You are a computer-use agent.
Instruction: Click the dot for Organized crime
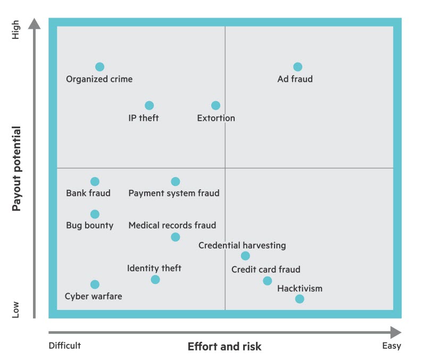[x=99, y=67]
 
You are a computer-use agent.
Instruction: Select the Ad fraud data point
[x=297, y=67]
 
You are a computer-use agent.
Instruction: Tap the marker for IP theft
[x=149, y=106]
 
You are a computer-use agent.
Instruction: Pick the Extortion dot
[x=215, y=106]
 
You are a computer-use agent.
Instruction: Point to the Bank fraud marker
[x=95, y=181]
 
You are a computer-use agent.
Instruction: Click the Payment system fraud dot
[x=175, y=181]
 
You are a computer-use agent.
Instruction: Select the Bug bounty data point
[x=95, y=214]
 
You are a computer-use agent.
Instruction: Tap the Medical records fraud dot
[x=175, y=237]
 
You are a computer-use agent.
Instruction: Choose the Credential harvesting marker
[x=245, y=256]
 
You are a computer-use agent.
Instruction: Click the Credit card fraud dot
[x=267, y=281]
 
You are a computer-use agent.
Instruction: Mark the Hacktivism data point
[x=300, y=299]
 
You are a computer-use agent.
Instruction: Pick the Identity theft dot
[x=155, y=280]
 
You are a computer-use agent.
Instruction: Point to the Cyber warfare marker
[x=95, y=284]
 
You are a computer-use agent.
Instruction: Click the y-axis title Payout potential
[x=16, y=169]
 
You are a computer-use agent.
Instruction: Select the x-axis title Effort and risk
[x=225, y=347]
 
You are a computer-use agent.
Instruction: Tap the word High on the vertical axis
[x=16, y=30]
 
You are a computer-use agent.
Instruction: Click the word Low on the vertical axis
[x=16, y=309]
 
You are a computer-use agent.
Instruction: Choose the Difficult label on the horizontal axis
[x=65, y=346]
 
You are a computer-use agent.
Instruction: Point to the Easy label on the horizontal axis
[x=392, y=346]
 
